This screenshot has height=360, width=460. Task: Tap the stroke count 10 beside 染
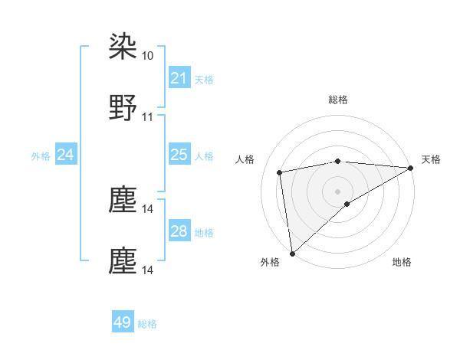coord(148,56)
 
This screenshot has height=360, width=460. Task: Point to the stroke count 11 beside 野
coord(148,117)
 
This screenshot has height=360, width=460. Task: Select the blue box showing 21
coord(179,78)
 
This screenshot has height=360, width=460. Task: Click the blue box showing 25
coord(179,155)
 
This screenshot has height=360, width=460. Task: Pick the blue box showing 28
coord(179,231)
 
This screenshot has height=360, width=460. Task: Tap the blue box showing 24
coord(66,155)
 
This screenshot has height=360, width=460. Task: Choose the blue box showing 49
coord(123,323)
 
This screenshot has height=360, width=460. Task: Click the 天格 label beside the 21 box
coord(204,79)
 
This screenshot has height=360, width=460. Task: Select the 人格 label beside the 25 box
coord(204,156)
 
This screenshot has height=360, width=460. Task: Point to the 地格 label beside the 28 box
coord(204,232)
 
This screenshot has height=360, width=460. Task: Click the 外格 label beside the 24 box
coord(41,156)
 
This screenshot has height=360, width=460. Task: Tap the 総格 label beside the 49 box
coord(147,324)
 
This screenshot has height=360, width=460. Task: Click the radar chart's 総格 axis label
coord(338,100)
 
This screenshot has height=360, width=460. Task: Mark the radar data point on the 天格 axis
coord(411,168)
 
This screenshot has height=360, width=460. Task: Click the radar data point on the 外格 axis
coord(292,254)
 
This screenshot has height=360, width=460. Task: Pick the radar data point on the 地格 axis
coord(347,204)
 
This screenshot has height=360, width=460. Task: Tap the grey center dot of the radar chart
coord(338,191)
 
